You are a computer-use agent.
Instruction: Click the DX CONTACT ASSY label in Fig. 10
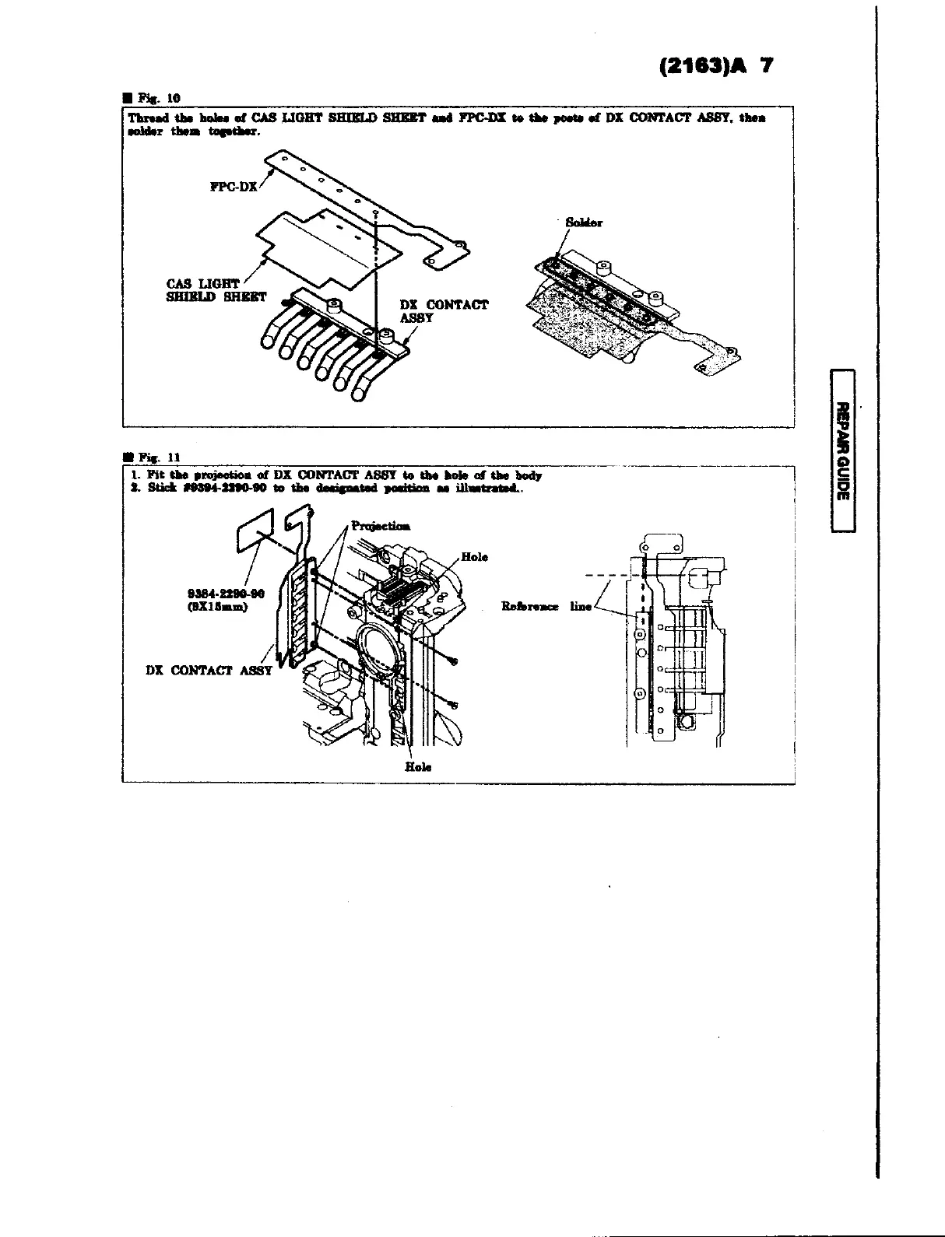444,311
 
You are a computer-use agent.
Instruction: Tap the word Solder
584,223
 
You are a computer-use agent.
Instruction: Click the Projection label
381,525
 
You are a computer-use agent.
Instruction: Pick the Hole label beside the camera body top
474,557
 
